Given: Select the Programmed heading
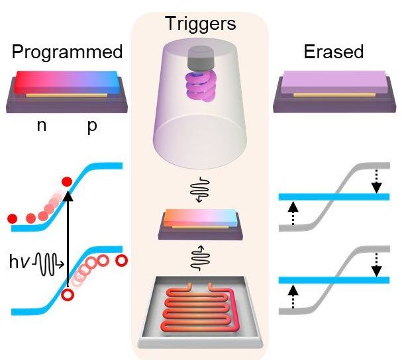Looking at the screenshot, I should pyautogui.click(x=68, y=52).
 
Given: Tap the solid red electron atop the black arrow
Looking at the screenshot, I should pyautogui.click(x=66, y=181).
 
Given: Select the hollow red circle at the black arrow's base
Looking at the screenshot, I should pyautogui.click(x=67, y=296).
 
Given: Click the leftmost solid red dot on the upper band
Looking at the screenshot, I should pyautogui.click(x=11, y=218).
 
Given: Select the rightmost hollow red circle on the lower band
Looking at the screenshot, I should pyautogui.click(x=121, y=260).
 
